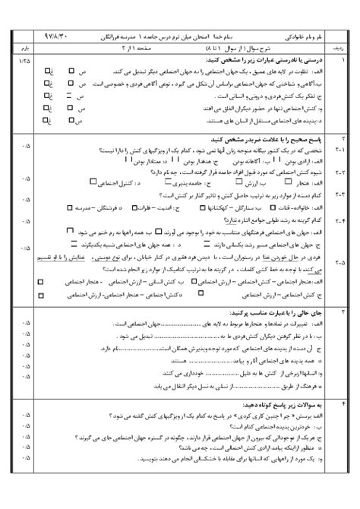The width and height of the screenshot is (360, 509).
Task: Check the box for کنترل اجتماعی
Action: (x=93, y=182)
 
